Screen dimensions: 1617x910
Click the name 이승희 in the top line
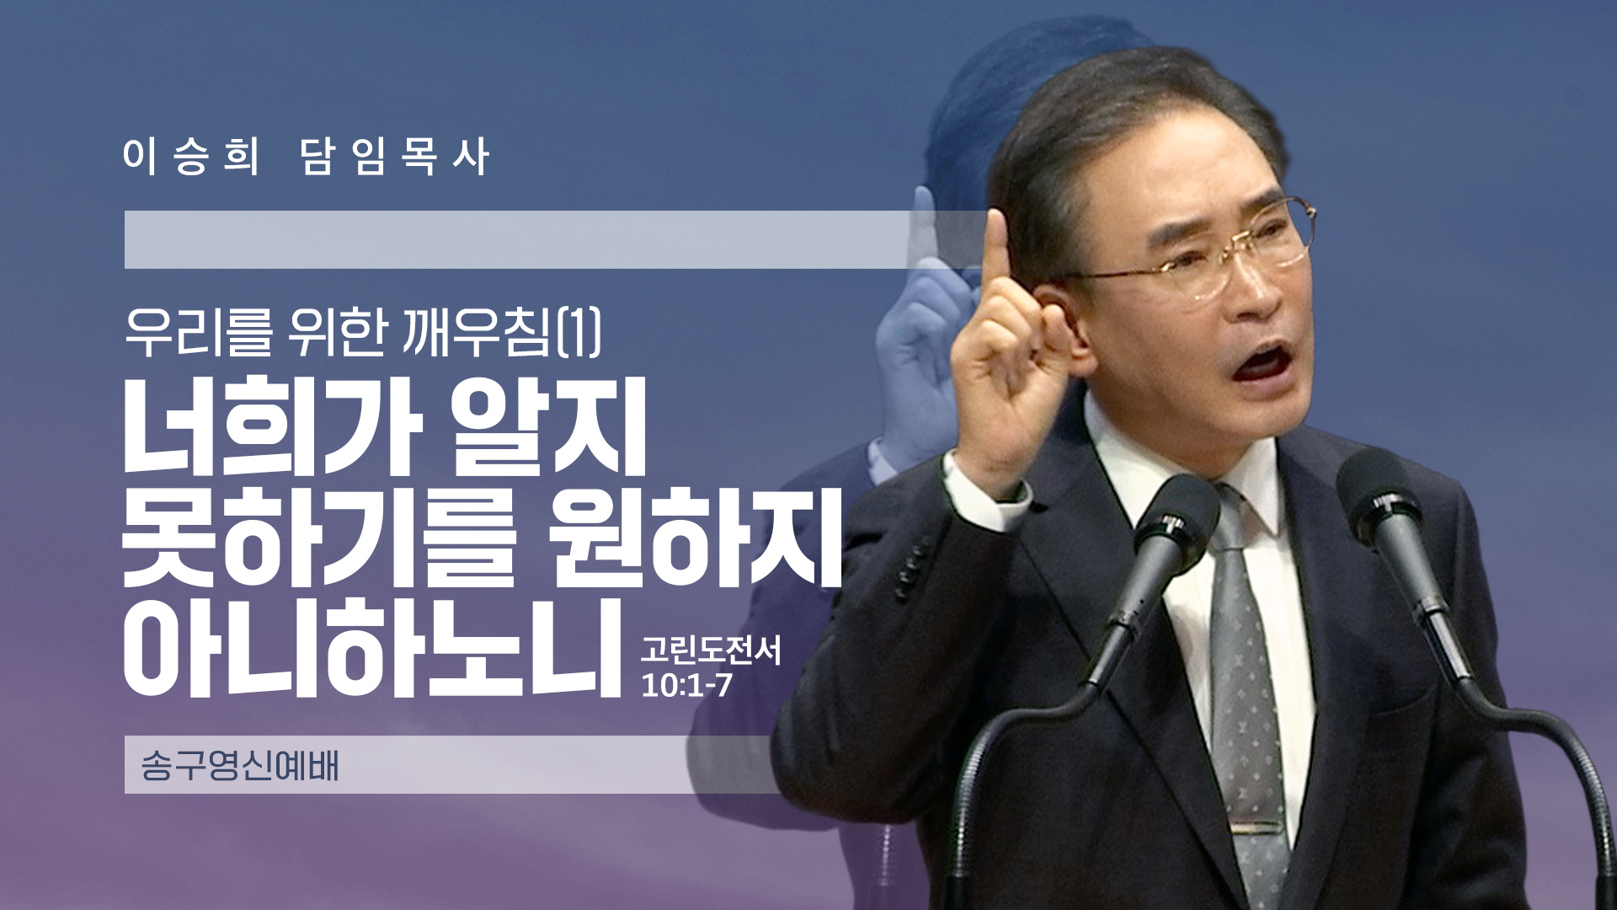(190, 156)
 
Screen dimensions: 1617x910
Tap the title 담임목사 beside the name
(394, 156)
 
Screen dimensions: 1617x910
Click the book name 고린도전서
(710, 650)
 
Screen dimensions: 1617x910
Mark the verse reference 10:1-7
(686, 686)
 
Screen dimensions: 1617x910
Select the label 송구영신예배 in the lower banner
(239, 765)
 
